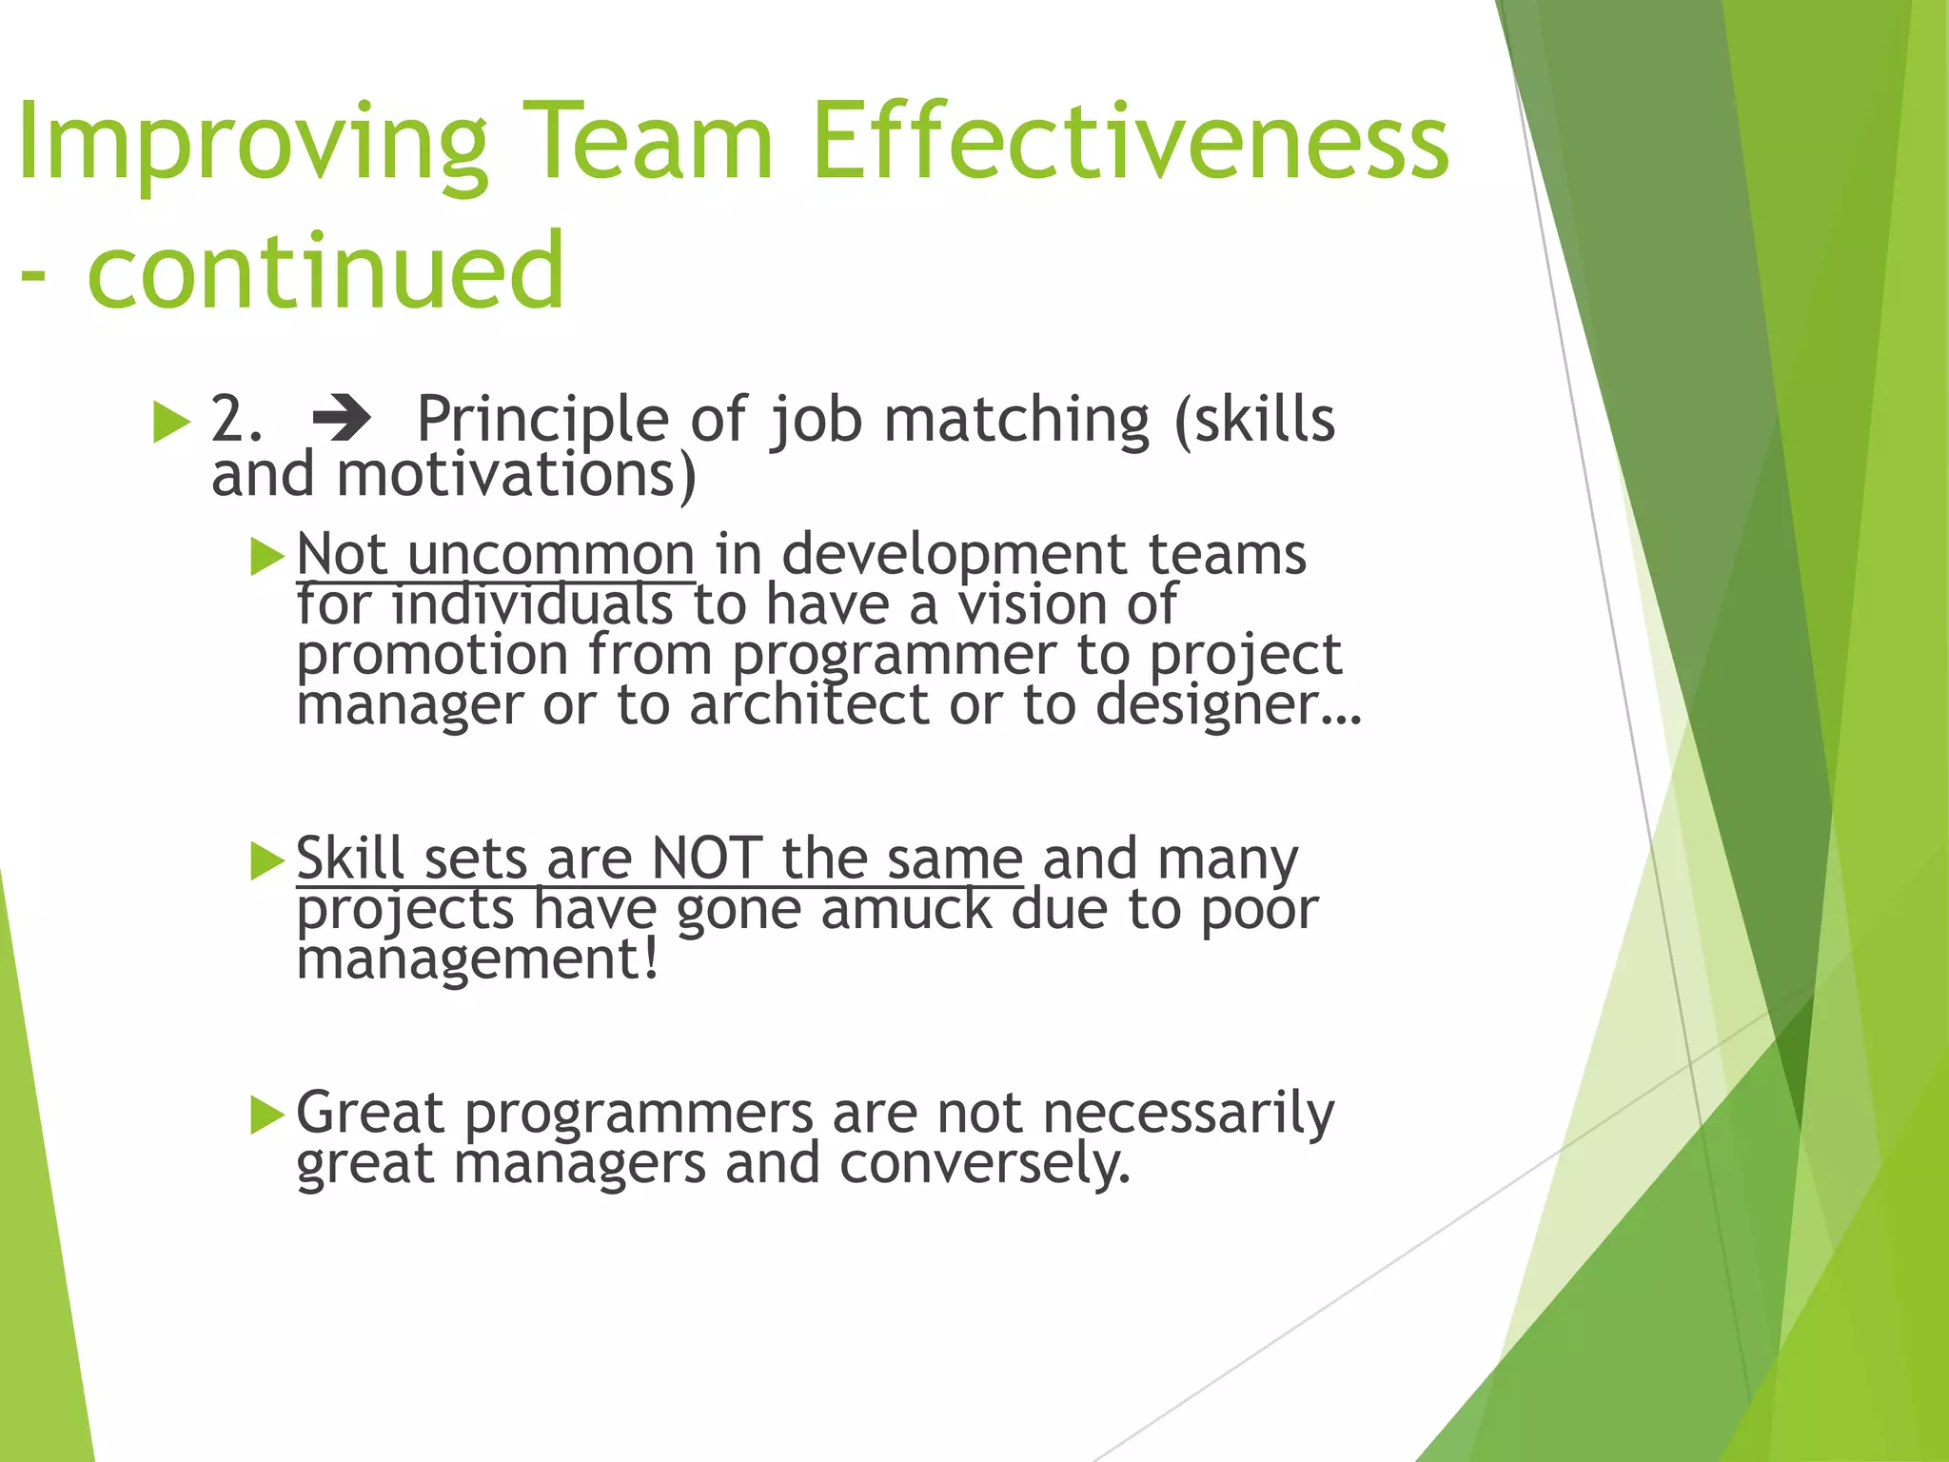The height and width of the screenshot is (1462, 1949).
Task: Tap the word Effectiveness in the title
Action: (1131, 143)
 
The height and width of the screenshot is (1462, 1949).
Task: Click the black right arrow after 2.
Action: (341, 420)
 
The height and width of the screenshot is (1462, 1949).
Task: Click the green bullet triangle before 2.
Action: (171, 422)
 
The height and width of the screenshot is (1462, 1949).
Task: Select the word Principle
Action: (542, 420)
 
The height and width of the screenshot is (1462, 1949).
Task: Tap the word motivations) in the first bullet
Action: (517, 474)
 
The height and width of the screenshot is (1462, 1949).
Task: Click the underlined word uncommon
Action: (551, 555)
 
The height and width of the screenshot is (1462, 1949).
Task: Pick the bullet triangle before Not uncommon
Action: (267, 557)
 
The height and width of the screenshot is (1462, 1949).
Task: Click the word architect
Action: (809, 705)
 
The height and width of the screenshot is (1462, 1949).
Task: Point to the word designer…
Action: (1229, 705)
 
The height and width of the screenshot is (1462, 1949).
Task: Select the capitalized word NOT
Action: (707, 859)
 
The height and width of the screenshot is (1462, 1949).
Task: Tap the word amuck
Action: (906, 909)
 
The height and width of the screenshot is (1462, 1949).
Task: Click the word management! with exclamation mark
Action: (477, 959)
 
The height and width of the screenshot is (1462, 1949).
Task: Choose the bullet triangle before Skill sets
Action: (267, 861)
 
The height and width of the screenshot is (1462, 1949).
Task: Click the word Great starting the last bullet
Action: (369, 1113)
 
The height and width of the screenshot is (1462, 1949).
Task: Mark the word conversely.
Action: (985, 1163)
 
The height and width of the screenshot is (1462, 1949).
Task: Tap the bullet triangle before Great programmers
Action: (267, 1115)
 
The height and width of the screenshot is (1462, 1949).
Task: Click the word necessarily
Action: (1189, 1113)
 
